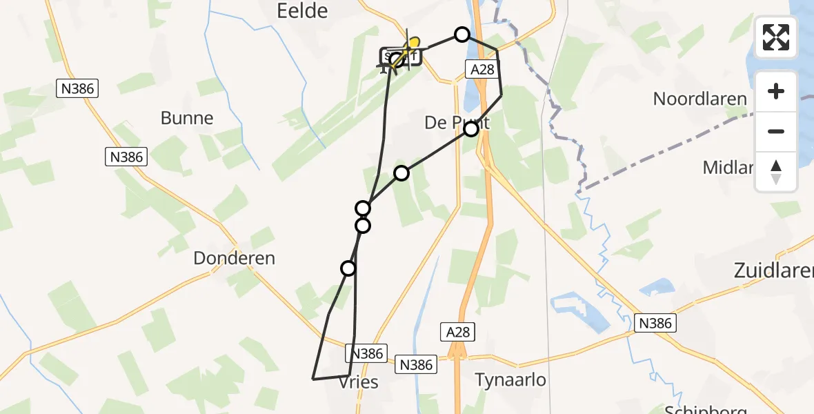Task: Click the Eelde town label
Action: pos(301,10)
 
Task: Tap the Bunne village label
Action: pos(187,118)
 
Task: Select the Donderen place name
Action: pos(234,259)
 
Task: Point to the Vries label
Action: pos(359,382)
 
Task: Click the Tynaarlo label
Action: pos(510,379)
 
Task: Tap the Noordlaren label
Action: pos(699,99)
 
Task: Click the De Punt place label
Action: pos(456,123)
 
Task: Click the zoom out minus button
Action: pos(776,131)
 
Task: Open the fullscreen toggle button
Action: pos(776,37)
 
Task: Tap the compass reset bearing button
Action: pos(776,172)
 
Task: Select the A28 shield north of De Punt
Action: pos(482,69)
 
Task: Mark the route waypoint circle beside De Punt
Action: pos(471,129)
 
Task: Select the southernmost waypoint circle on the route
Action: pos(348,268)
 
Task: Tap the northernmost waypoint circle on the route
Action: pos(461,34)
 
